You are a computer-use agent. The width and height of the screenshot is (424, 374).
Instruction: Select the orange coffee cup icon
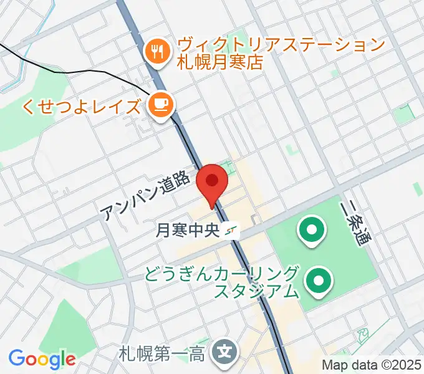pyautogui.click(x=161, y=103)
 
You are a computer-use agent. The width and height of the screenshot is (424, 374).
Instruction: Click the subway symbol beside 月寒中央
pyautogui.click(x=232, y=231)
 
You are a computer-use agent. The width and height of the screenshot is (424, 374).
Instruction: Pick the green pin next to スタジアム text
pyautogui.click(x=319, y=282)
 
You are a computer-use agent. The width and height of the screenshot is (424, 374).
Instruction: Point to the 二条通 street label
pyautogui.click(x=353, y=223)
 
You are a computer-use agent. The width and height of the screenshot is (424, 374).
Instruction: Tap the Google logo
pyautogui.click(x=42, y=359)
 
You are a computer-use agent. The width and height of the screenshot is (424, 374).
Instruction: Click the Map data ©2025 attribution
pyautogui.click(x=372, y=365)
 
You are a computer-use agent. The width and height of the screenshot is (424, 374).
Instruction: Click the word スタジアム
pyautogui.click(x=256, y=290)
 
